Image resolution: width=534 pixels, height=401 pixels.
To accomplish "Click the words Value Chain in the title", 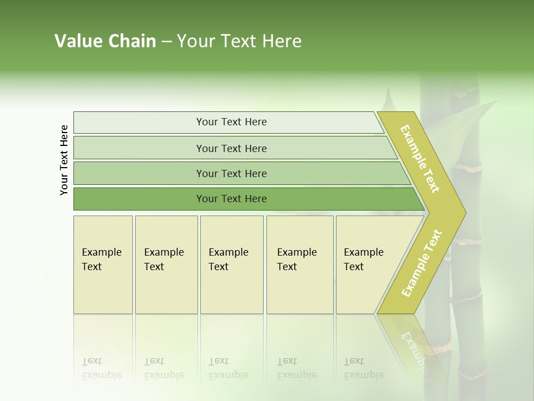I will click(105, 41).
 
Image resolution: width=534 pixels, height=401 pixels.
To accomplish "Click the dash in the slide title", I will click(166, 42).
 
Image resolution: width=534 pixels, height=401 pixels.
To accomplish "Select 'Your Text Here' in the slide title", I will click(239, 41).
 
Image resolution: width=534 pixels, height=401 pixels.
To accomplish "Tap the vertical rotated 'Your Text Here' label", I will click(64, 160).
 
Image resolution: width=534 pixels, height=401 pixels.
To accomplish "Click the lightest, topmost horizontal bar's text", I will click(231, 122).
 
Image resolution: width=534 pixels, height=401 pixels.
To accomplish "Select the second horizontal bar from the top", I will click(231, 148).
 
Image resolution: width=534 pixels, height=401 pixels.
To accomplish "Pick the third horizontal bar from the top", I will click(231, 173).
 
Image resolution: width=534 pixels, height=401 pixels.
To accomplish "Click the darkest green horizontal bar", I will click(231, 199).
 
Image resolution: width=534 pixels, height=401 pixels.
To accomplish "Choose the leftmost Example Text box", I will click(103, 265).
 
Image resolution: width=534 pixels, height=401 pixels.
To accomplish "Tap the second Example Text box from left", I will click(166, 265).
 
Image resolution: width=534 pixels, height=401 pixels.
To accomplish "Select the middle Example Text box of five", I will click(231, 265).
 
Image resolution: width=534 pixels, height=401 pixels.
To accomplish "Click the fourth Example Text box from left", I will click(299, 265).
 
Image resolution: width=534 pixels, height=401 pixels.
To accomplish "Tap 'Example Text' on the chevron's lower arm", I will click(422, 263).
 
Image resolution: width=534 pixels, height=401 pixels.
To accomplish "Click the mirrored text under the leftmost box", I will click(101, 369).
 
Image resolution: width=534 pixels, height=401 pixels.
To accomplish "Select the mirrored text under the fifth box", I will click(363, 369).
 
